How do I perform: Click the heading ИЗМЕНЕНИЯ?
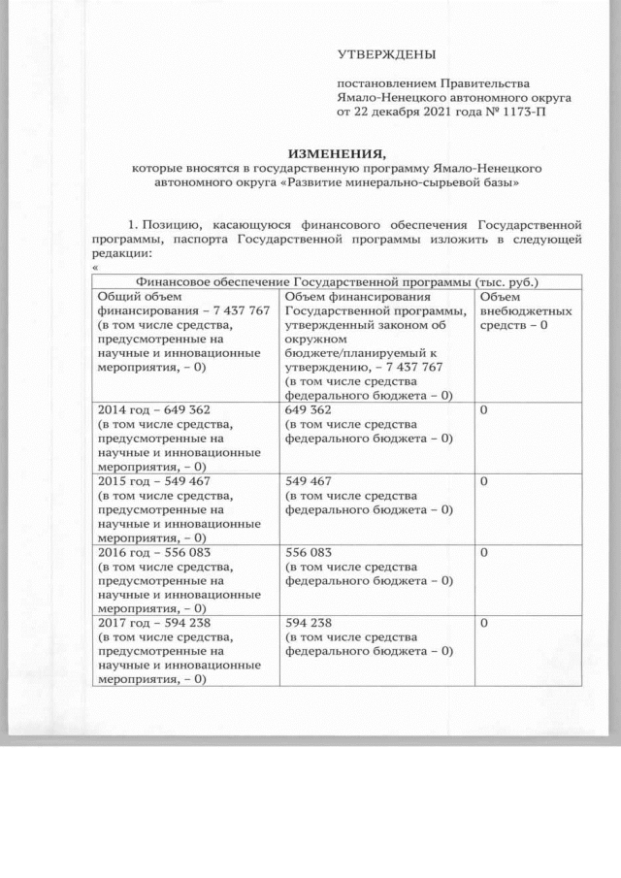[x=338, y=153]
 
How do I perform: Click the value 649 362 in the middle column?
[x=309, y=409]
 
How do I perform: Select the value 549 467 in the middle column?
[x=309, y=480]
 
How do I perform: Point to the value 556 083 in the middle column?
[x=309, y=552]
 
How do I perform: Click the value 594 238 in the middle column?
[x=309, y=624]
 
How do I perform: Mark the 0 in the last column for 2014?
[x=484, y=409]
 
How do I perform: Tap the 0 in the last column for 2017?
[x=484, y=624]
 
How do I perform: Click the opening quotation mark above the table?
[x=95, y=268]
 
